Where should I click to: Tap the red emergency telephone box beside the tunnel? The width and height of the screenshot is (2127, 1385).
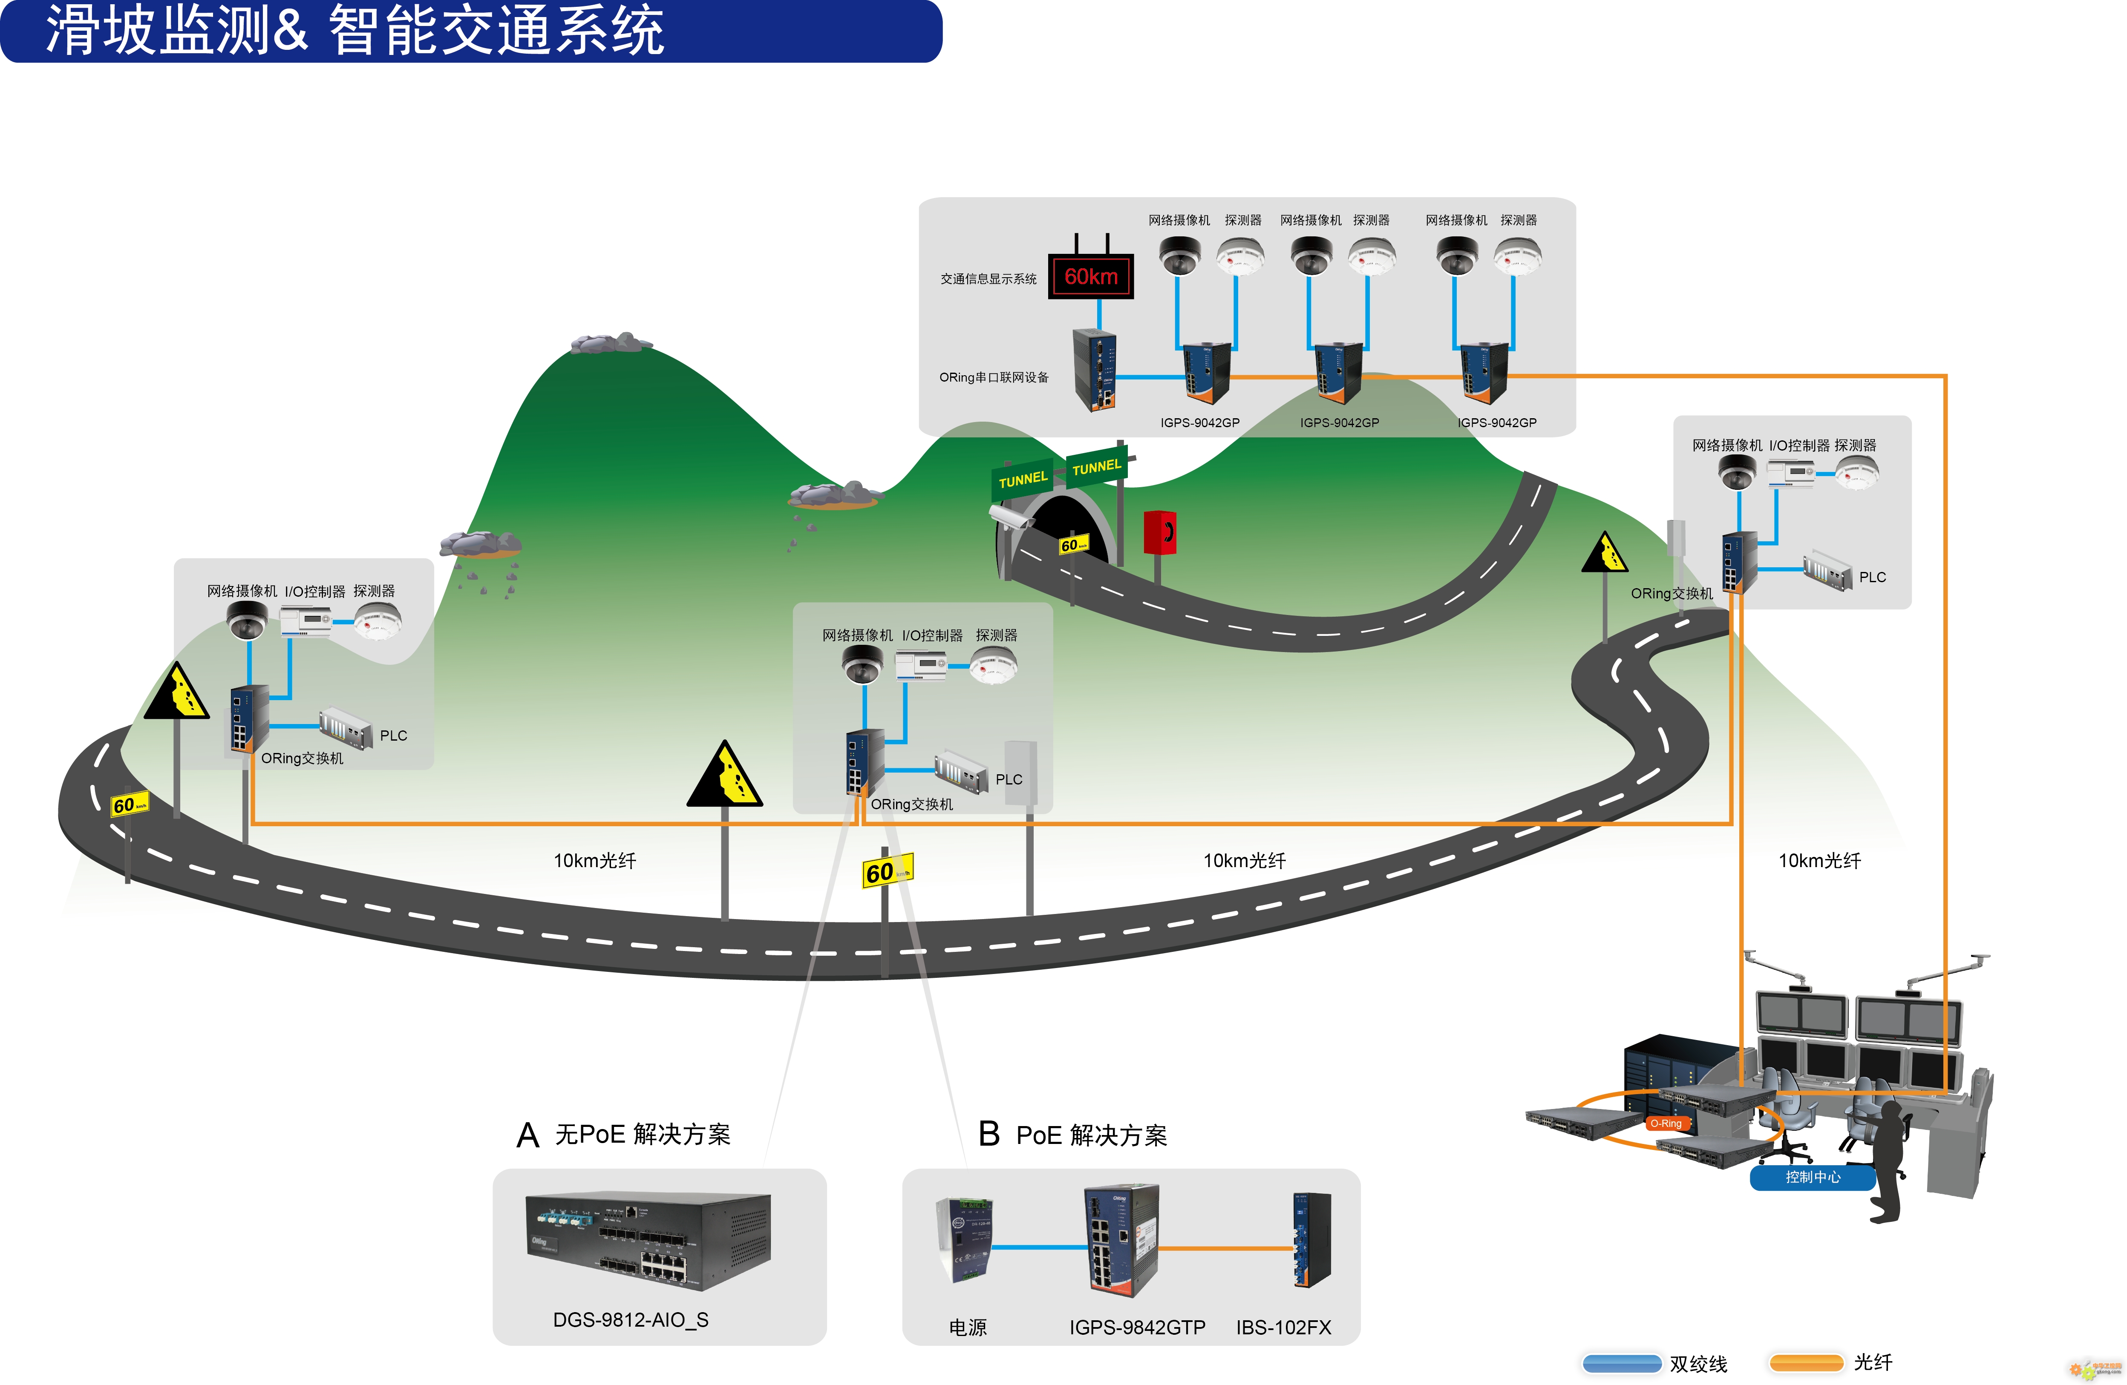(1159, 532)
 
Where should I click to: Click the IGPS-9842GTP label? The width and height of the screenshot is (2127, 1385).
(1137, 1328)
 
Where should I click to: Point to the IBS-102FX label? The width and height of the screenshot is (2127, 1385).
(1283, 1328)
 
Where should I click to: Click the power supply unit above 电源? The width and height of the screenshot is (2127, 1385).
(963, 1240)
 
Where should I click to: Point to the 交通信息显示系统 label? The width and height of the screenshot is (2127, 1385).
(989, 279)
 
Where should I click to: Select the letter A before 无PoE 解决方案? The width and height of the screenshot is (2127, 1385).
(528, 1136)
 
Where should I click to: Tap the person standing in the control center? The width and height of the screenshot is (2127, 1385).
(1888, 1161)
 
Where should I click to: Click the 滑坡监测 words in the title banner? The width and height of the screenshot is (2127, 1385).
(156, 29)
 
